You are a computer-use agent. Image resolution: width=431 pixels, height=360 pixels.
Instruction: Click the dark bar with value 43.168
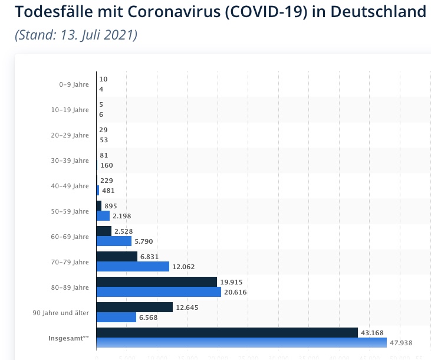pyautogui.click(x=227, y=332)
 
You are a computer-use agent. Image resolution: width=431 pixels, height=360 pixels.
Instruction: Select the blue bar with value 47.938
pyautogui.click(x=241, y=342)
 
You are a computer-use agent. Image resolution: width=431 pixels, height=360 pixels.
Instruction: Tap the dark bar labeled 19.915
pyautogui.click(x=156, y=282)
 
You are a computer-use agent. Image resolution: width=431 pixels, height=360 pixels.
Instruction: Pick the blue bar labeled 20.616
pyautogui.click(x=159, y=292)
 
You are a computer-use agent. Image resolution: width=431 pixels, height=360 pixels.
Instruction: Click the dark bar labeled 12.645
pyautogui.click(x=134, y=307)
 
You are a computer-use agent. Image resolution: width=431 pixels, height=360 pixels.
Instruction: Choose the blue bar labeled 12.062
pyautogui.click(x=133, y=266)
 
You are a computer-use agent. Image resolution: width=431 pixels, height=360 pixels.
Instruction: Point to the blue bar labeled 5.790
pyautogui.click(x=114, y=241)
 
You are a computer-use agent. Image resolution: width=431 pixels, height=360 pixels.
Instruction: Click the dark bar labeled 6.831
pyautogui.click(x=117, y=256)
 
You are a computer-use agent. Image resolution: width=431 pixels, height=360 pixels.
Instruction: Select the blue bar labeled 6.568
pyautogui.click(x=116, y=317)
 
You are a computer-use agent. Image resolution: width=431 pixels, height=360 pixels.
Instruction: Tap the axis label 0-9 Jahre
pyautogui.click(x=74, y=84)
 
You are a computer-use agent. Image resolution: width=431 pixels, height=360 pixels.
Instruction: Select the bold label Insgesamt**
pyautogui.click(x=69, y=338)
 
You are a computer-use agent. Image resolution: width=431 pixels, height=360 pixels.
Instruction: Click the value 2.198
pyautogui.click(x=122, y=216)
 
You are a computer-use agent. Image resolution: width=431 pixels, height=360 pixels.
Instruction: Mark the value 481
pyautogui.click(x=108, y=191)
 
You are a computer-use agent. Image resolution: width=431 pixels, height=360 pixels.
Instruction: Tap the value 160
pyautogui.click(x=107, y=165)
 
